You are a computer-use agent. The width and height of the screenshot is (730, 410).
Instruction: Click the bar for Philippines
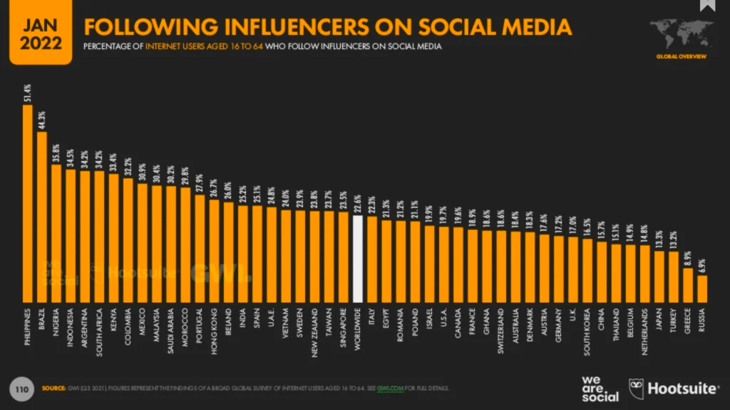(x=28, y=203)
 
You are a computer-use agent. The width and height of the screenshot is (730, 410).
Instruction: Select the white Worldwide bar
(x=358, y=257)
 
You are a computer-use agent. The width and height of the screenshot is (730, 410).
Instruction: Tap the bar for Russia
(x=701, y=289)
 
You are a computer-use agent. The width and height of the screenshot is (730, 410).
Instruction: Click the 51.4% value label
(x=28, y=94)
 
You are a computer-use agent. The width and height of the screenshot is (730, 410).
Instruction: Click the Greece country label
(x=688, y=326)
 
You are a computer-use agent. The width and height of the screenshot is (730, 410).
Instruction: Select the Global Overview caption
(x=682, y=56)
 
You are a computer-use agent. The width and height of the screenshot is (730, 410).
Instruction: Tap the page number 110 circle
(x=22, y=389)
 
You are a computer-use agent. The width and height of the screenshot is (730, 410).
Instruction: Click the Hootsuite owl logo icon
(x=635, y=389)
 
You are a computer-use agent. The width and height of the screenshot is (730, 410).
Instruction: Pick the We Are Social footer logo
(x=600, y=388)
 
